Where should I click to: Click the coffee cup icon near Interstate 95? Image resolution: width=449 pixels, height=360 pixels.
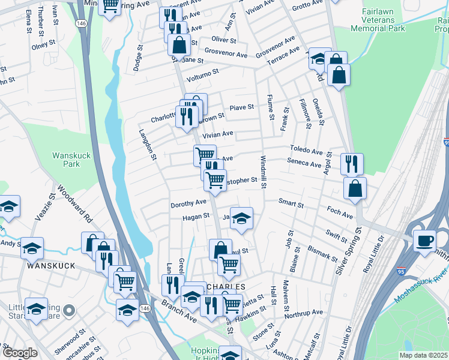point(424,241)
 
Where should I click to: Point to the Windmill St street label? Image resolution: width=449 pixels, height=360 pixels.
point(263,171)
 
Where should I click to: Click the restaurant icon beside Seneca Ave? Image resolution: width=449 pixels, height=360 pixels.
point(352,163)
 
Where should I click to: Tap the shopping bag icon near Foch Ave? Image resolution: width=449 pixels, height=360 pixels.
point(355,187)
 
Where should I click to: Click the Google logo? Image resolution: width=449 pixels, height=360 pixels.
point(19,353)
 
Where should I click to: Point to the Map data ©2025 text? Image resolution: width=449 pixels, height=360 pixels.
point(423,355)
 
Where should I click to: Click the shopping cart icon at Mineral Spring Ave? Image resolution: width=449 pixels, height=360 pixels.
point(110,5)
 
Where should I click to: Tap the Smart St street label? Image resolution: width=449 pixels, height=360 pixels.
point(291,204)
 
